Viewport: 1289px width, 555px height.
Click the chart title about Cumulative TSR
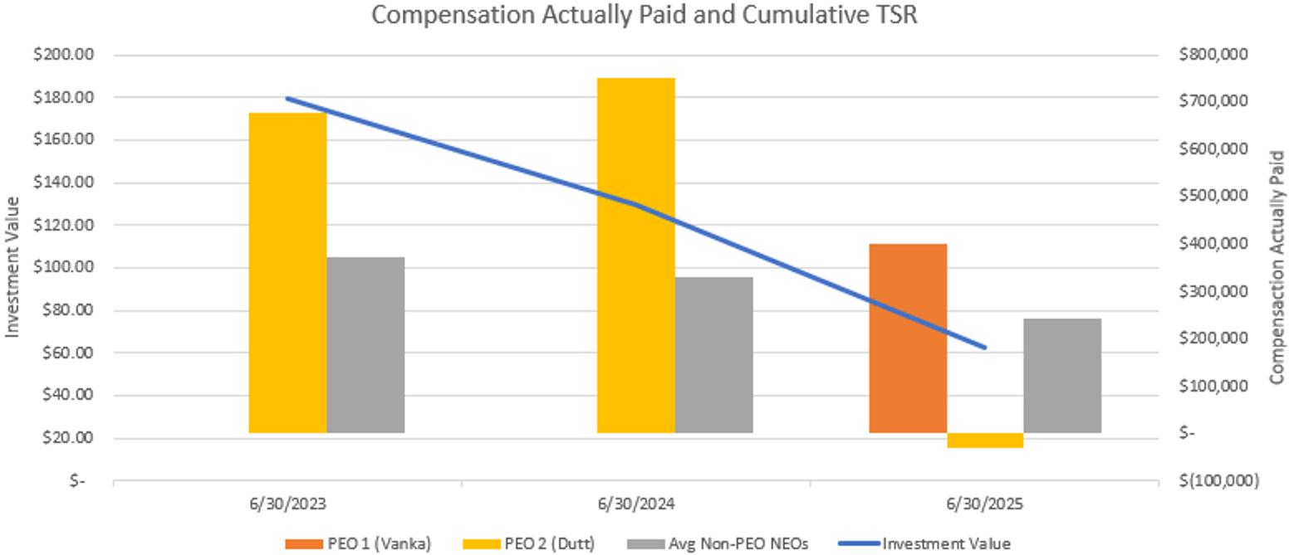(644, 15)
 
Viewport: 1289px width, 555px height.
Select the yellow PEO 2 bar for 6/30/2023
(287, 272)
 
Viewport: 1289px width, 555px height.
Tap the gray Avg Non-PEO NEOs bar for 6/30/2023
(365, 344)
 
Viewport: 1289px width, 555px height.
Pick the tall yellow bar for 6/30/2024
(635, 255)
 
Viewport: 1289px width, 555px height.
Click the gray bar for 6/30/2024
(713, 354)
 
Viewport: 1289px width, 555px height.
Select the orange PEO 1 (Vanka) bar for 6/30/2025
(908, 338)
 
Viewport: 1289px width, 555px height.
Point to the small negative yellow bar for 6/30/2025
(985, 441)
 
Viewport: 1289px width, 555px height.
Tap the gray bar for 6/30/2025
(1062, 375)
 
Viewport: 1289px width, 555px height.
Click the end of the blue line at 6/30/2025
(985, 348)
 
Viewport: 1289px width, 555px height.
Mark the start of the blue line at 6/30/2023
(287, 98)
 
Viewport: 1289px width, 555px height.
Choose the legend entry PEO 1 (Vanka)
(358, 544)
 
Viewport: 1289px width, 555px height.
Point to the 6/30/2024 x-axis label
(635, 504)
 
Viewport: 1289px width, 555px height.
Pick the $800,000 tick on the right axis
(1213, 56)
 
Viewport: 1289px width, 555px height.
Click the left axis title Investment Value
(12, 266)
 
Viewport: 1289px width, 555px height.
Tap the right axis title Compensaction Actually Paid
(1277, 267)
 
